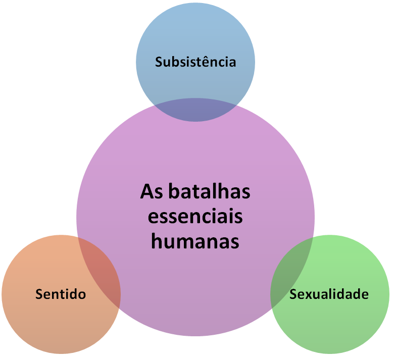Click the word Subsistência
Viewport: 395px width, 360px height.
(x=195, y=62)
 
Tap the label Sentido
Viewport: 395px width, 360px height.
(x=61, y=293)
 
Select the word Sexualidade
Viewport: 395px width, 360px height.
(x=329, y=293)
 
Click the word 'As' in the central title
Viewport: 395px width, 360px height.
(x=150, y=192)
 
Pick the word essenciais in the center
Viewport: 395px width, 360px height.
(x=195, y=217)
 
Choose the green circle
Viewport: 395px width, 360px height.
(x=343, y=323)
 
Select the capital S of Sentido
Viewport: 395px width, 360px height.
(x=39, y=293)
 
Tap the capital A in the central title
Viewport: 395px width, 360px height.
(x=145, y=192)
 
